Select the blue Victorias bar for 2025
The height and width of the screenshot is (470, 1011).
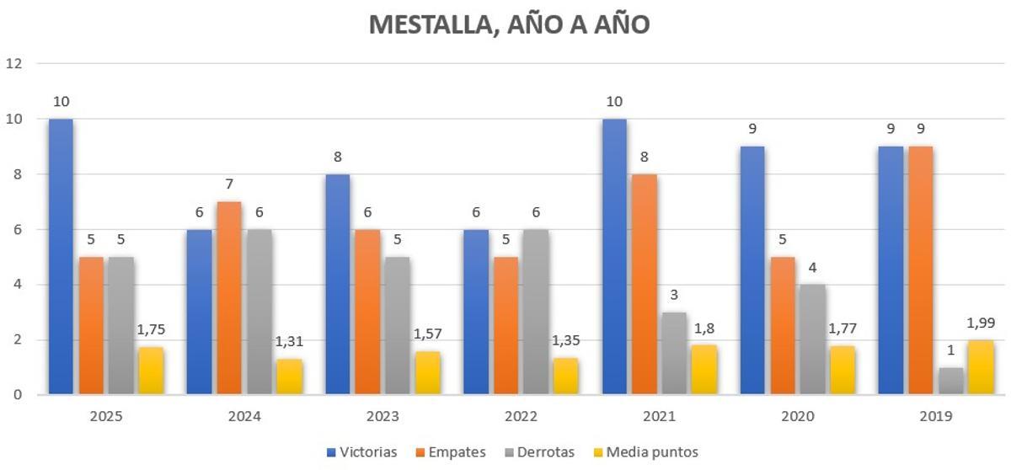click(61, 256)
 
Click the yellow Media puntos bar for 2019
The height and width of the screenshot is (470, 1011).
click(980, 367)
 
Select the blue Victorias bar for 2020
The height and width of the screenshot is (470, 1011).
click(752, 270)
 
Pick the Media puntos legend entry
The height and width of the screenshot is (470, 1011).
click(645, 452)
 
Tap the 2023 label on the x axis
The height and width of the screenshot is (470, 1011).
click(383, 416)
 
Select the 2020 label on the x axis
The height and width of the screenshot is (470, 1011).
click(797, 416)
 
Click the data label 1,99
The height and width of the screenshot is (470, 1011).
click(980, 323)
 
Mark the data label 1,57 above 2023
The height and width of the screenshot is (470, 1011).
click(426, 334)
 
